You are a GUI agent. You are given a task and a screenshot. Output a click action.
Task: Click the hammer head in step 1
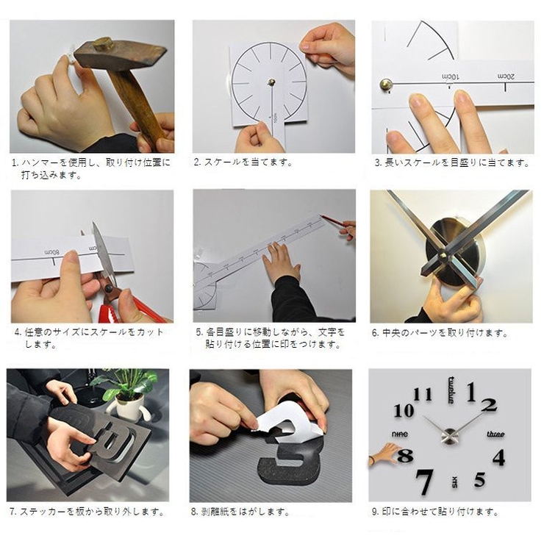pos(121,53)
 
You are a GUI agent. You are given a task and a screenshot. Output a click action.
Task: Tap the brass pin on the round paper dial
pos(271,82)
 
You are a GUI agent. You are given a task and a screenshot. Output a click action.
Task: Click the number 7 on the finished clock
pos(424,480)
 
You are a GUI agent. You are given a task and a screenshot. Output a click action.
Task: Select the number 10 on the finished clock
pos(404,411)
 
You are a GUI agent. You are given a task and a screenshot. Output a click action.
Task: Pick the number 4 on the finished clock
pos(498,457)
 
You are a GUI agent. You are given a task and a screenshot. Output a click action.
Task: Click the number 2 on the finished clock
pos(490,404)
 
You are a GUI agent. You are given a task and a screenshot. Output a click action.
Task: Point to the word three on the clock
pos(495,434)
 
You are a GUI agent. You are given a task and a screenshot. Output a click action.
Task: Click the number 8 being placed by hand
pos(404,456)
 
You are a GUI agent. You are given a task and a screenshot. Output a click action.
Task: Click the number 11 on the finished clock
pos(423,395)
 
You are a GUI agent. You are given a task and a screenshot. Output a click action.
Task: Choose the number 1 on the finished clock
pos(472,390)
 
